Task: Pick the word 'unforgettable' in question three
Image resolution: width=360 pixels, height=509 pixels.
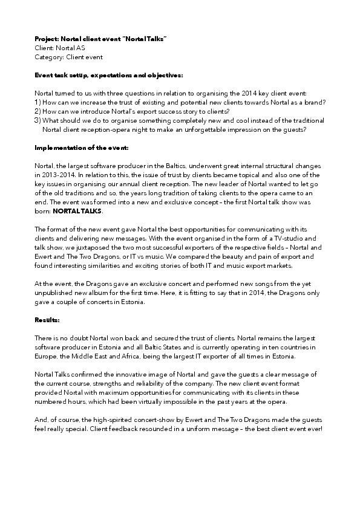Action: [x=216, y=129]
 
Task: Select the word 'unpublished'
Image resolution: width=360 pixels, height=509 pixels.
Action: [x=56, y=293]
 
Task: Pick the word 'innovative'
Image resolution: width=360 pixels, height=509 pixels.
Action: [x=131, y=374]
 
